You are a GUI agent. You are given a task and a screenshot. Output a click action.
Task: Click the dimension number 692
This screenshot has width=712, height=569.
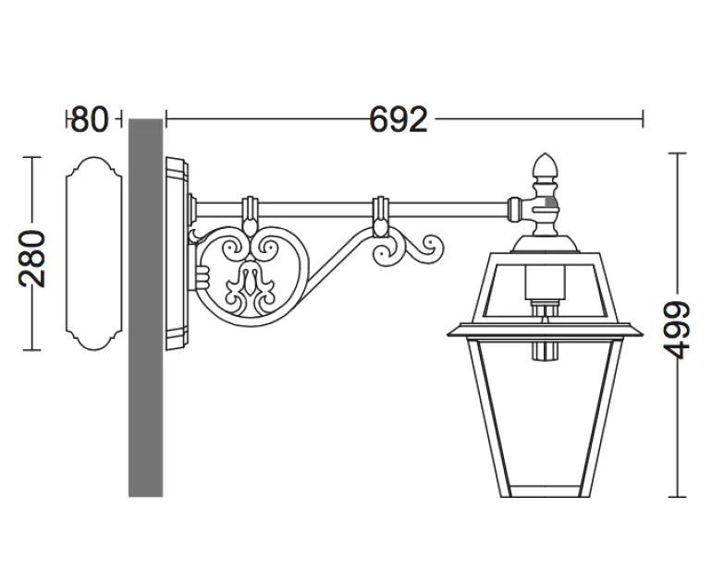coord(399,119)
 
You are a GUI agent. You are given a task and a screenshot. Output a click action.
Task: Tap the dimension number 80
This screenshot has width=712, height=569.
coord(90,119)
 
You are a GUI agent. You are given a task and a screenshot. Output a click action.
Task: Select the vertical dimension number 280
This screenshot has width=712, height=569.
coord(31,259)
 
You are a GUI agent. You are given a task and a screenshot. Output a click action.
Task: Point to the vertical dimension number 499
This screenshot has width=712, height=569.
coord(677,330)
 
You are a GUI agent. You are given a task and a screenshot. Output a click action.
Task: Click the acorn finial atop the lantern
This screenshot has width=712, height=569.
coord(545,165)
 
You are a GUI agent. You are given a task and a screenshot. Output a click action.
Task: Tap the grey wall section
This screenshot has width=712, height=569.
coord(145,308)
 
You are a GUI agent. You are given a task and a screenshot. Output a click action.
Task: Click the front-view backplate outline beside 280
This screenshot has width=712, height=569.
coord(94,254)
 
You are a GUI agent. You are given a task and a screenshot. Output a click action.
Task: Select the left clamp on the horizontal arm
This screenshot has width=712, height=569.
coord(250,214)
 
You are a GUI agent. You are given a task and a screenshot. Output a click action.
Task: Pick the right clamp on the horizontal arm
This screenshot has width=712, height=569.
coord(380,216)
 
